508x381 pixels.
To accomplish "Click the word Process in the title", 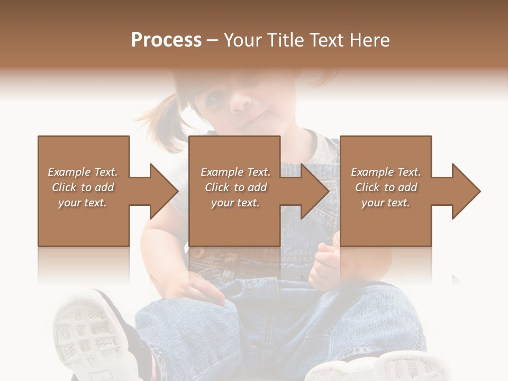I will [166, 40].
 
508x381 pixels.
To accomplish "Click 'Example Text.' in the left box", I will [83, 172].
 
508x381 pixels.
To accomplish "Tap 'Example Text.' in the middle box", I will [235, 172].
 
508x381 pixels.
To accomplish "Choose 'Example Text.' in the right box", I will [386, 172].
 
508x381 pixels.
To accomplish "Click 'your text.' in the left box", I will [83, 203].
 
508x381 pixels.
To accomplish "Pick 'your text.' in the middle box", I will [235, 203].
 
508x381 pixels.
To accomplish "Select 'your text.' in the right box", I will [386, 203].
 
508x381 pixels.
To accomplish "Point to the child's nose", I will [244, 98].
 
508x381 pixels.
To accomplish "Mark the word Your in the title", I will [241, 40].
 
